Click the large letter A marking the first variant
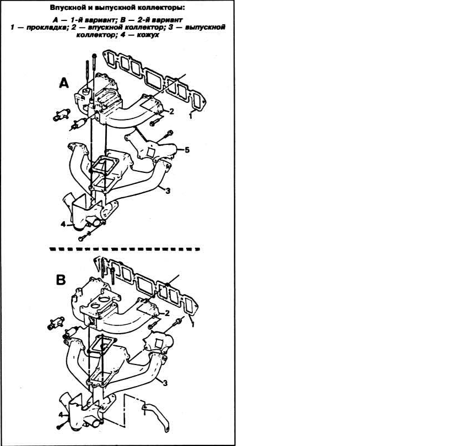64,83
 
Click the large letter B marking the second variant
61,280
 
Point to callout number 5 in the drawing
187,150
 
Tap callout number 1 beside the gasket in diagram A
191,116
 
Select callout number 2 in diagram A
171,111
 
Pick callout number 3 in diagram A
167,191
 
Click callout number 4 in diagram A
63,225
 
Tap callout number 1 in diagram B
192,324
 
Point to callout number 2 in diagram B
167,313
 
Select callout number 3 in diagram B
165,383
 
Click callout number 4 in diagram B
61,415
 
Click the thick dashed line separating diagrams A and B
125,249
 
